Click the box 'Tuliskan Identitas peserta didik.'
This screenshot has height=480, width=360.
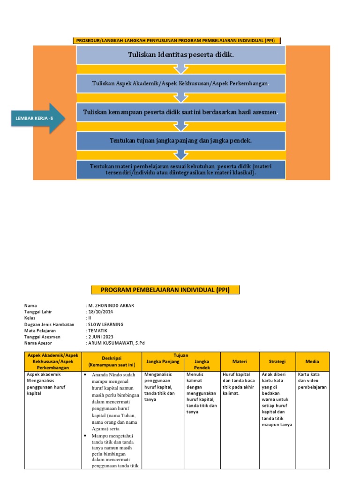(x=180, y=55)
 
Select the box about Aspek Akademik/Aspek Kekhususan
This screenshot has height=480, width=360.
(x=180, y=83)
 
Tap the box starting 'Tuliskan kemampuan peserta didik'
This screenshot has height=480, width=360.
(x=180, y=112)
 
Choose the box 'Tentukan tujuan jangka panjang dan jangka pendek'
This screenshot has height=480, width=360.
(x=180, y=141)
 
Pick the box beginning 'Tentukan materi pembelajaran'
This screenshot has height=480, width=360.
(x=180, y=169)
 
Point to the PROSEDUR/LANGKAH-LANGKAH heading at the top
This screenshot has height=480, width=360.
(x=178, y=41)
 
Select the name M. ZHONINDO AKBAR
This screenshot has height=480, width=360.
(x=111, y=306)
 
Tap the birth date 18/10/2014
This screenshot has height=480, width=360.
(x=101, y=312)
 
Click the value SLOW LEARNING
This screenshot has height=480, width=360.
(x=105, y=324)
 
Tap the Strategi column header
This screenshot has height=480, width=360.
(x=277, y=361)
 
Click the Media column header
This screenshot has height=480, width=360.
(x=312, y=361)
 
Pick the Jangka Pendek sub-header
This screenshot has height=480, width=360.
(x=202, y=365)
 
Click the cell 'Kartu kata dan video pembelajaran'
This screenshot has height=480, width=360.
(x=312, y=381)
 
